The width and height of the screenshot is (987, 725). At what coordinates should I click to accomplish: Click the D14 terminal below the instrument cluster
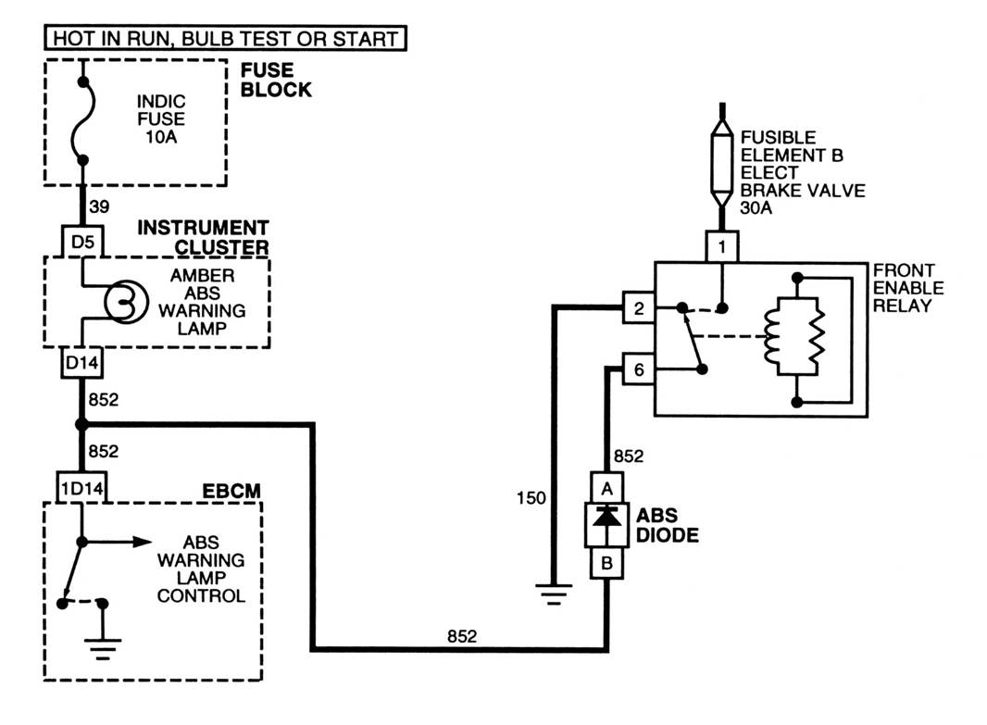click(x=82, y=364)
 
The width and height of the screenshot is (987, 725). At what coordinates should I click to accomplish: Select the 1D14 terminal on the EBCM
click(x=81, y=487)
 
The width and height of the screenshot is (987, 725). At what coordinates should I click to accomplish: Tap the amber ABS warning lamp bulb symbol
click(x=119, y=301)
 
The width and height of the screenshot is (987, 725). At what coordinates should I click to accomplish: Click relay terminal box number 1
click(x=721, y=246)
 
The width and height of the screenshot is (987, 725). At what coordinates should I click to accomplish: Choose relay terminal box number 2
click(x=639, y=308)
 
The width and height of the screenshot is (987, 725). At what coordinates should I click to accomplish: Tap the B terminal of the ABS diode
click(x=606, y=563)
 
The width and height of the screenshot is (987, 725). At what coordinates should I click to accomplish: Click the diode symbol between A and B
click(x=606, y=523)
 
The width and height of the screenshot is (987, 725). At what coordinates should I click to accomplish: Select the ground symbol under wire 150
click(x=553, y=593)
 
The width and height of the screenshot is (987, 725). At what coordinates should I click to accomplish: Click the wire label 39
click(x=99, y=208)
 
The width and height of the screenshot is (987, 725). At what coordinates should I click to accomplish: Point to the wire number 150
click(x=531, y=499)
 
